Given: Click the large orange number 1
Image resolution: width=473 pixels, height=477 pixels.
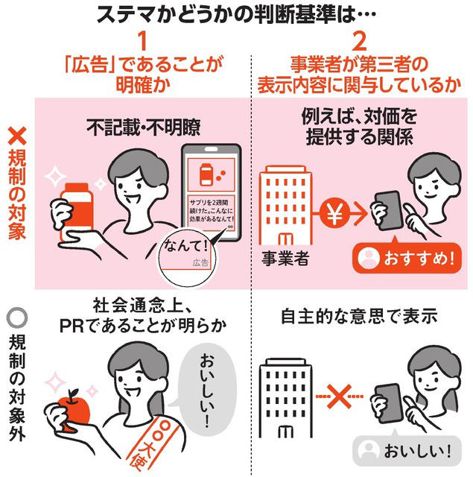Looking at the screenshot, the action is click(x=142, y=42).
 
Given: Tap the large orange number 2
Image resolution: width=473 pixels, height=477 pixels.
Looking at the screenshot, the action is click(x=359, y=42).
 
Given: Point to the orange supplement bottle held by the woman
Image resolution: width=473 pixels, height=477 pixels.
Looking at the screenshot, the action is click(x=77, y=210).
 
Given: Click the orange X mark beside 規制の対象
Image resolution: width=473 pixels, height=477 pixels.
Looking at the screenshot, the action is click(x=17, y=136).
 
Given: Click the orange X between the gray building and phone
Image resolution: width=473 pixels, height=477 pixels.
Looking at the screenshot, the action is click(x=339, y=396).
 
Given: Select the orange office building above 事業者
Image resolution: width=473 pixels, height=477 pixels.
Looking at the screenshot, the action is click(x=285, y=206).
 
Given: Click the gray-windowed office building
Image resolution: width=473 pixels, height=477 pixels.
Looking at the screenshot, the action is click(x=285, y=398).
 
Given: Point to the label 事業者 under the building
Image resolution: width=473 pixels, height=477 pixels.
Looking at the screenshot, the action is click(x=285, y=259).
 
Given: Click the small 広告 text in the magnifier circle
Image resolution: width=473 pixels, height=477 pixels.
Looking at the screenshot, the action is click(x=200, y=262).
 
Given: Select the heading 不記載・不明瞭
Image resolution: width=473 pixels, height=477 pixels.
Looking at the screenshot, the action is click(x=144, y=127).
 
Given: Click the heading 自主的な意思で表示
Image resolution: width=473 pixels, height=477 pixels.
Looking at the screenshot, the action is click(x=359, y=316).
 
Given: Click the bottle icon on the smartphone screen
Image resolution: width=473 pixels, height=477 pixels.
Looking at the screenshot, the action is click(x=206, y=174).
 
